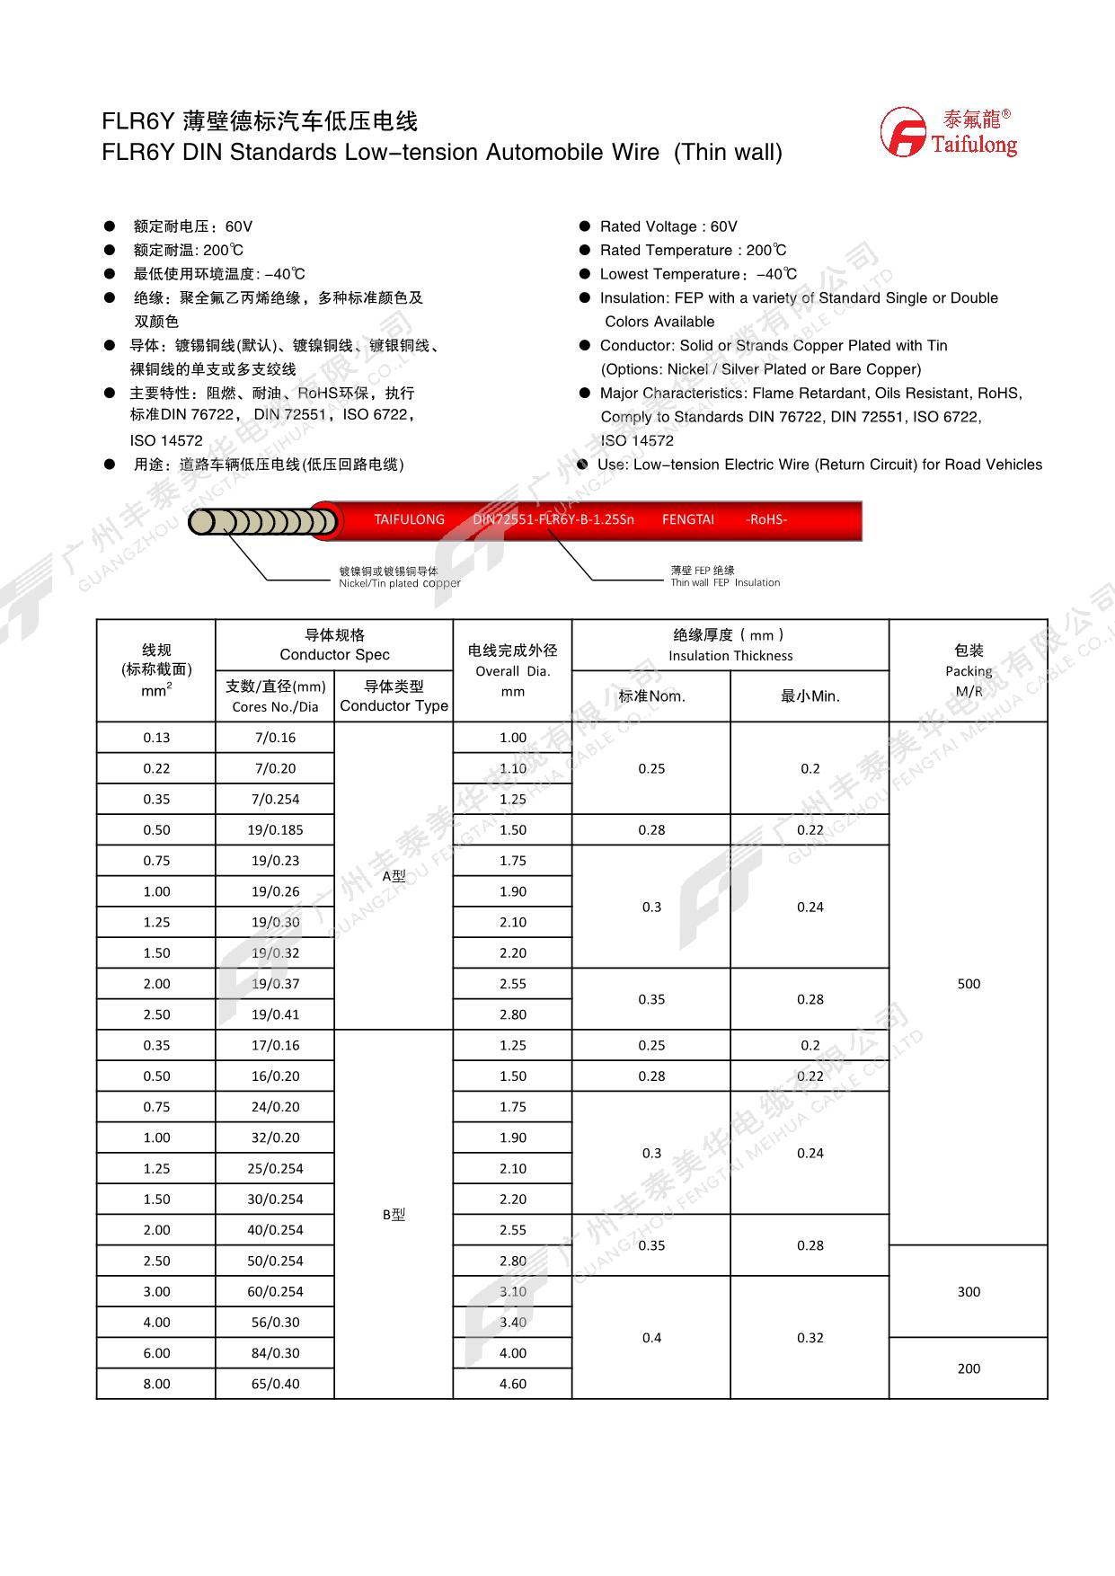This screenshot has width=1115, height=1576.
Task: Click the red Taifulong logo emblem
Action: tap(902, 132)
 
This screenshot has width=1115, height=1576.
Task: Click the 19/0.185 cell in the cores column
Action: tap(275, 830)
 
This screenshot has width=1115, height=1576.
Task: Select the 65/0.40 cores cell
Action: tap(275, 1384)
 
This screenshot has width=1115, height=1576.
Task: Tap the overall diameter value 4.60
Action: tap(512, 1384)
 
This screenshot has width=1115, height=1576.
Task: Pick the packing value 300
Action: tap(969, 1292)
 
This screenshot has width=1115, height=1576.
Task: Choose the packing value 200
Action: tap(969, 1368)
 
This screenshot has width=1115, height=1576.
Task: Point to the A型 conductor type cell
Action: tap(394, 876)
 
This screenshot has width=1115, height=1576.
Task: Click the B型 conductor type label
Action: tap(394, 1215)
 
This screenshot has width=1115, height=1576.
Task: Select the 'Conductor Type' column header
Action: tap(394, 706)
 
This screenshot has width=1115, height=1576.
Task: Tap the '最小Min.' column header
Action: tap(810, 696)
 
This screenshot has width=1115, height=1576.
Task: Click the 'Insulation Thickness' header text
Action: tap(730, 656)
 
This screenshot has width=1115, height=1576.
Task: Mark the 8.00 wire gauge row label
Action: tap(156, 1384)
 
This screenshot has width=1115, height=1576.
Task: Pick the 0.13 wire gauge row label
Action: tap(156, 738)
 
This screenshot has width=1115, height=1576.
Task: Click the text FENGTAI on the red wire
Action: tap(688, 519)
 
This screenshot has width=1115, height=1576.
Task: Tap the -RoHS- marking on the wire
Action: tap(766, 519)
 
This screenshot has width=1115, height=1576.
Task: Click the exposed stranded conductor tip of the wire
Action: tap(261, 521)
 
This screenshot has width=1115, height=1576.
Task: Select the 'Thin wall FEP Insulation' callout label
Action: tap(725, 582)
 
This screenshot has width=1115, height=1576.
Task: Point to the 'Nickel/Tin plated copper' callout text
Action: tap(399, 583)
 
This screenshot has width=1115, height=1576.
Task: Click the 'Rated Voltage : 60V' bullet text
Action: tap(668, 226)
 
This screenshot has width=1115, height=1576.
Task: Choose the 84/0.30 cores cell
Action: tap(275, 1353)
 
